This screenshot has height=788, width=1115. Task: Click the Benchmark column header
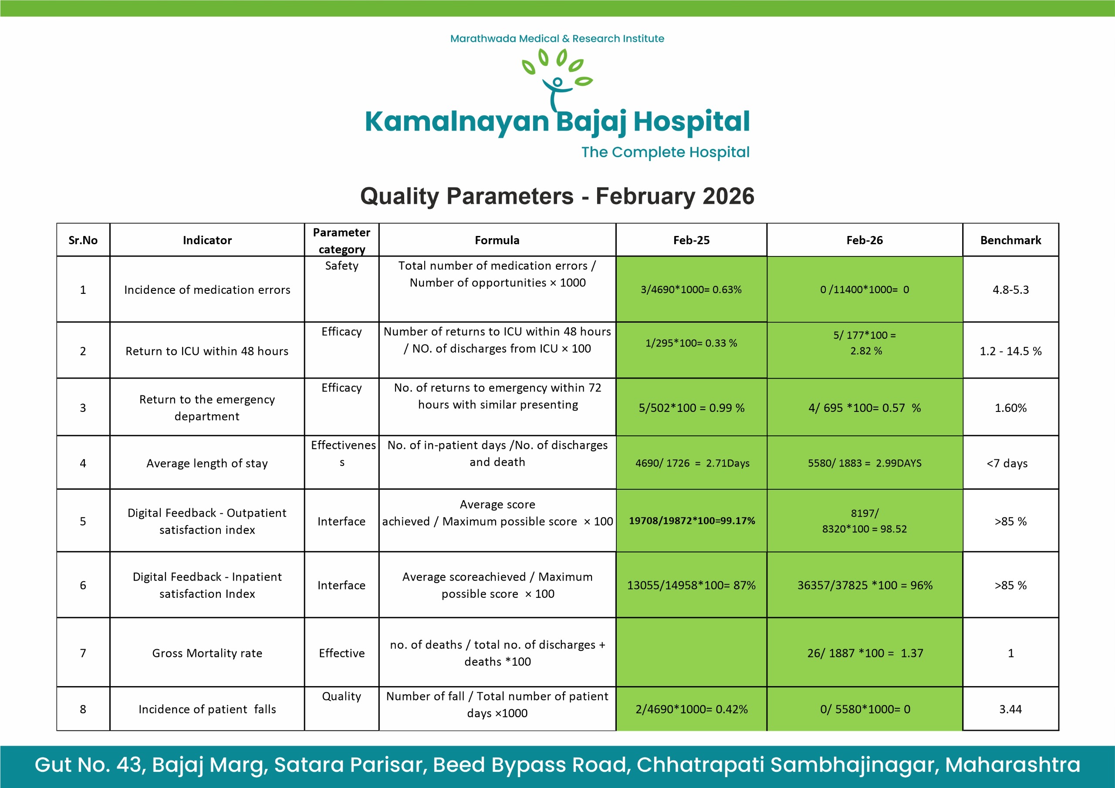[x=1010, y=240]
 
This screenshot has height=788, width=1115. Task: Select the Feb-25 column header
[x=691, y=240]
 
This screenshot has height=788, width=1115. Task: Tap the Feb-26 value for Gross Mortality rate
[x=865, y=653]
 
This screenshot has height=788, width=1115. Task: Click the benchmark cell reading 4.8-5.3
[x=1010, y=290]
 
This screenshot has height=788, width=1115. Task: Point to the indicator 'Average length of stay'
[x=207, y=463]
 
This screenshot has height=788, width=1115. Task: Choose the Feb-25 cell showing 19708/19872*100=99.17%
[x=692, y=521]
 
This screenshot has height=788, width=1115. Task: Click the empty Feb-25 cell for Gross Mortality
[x=692, y=652]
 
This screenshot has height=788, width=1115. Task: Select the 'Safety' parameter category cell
[x=341, y=266]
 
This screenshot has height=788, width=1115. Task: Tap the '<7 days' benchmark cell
[x=1007, y=463]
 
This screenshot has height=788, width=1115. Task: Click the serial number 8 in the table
[x=83, y=709]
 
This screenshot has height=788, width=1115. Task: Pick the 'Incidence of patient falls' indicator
[x=207, y=709]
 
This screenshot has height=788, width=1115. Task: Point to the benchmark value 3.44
[x=1010, y=709]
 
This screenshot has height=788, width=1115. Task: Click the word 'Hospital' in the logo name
[x=692, y=121]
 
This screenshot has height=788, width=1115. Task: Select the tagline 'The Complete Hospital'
[x=666, y=152]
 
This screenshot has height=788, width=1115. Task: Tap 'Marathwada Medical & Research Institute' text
[x=557, y=38]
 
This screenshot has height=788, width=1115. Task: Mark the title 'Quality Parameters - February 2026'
[x=557, y=196]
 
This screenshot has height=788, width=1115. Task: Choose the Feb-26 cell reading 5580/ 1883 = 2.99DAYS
[x=865, y=463]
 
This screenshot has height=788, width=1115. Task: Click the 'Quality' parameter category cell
[x=341, y=696]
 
